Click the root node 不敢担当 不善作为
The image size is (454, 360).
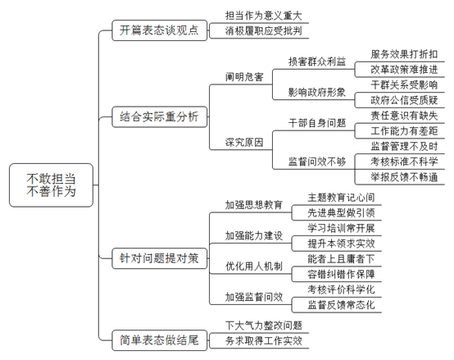[52, 185]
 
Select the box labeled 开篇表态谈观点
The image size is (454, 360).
[160, 30]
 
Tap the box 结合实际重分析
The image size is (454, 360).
[160, 116]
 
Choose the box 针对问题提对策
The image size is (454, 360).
[160, 258]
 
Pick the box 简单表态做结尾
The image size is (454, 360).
[160, 340]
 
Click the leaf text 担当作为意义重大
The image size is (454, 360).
[264, 16]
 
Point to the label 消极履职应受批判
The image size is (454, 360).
[264, 31]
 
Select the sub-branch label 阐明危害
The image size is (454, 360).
[244, 77]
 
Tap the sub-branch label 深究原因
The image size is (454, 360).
[244, 142]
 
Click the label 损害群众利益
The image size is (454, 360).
[317, 62]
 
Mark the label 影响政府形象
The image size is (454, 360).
[317, 93]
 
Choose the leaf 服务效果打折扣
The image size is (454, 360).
[404, 54]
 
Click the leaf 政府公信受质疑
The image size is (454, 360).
[404, 100]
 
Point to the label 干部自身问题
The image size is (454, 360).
[317, 123]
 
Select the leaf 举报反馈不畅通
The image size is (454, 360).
[404, 177]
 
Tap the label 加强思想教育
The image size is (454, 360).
[254, 205]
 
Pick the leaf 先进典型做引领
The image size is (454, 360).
[341, 213]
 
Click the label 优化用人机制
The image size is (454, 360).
[254, 267]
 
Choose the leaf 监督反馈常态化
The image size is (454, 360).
[341, 305]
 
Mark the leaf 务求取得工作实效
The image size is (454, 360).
[264, 340]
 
